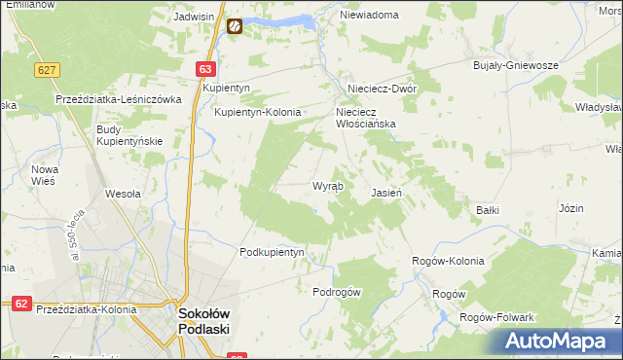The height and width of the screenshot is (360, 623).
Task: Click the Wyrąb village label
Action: coord(326,186)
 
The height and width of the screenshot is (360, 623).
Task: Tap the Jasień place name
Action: coord(386,193)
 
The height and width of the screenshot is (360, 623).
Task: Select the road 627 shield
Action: coord(46,70)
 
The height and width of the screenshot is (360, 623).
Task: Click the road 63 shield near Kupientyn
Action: coord(204,69)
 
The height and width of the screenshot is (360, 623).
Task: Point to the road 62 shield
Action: coord(21,304)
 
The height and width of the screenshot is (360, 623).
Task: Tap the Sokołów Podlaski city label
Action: coord(203,320)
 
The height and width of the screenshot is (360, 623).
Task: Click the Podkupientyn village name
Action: coord(273,252)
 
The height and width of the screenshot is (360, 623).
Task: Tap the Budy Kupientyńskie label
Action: coord(128,135)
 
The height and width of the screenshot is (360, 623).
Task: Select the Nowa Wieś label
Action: coord(46,175)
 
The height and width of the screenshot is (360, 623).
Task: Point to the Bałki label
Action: coord(487,209)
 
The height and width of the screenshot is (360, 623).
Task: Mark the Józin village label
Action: coord(571,208)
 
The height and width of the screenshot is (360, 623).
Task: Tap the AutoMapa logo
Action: coord(557,341)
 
